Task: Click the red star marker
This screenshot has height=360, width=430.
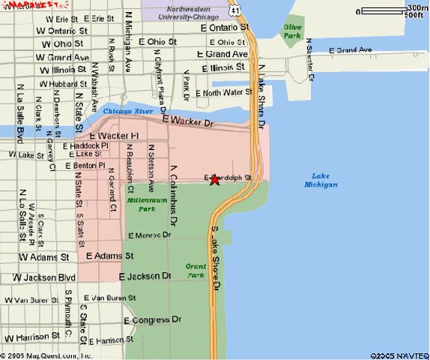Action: (x=215, y=179)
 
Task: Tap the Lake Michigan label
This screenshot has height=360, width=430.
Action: (x=321, y=180)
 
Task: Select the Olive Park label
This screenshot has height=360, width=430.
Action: (x=291, y=31)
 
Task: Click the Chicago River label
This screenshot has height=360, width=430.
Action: (x=127, y=111)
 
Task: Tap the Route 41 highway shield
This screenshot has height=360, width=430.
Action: (x=236, y=10)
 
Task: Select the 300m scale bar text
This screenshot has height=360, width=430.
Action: (x=416, y=7)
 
